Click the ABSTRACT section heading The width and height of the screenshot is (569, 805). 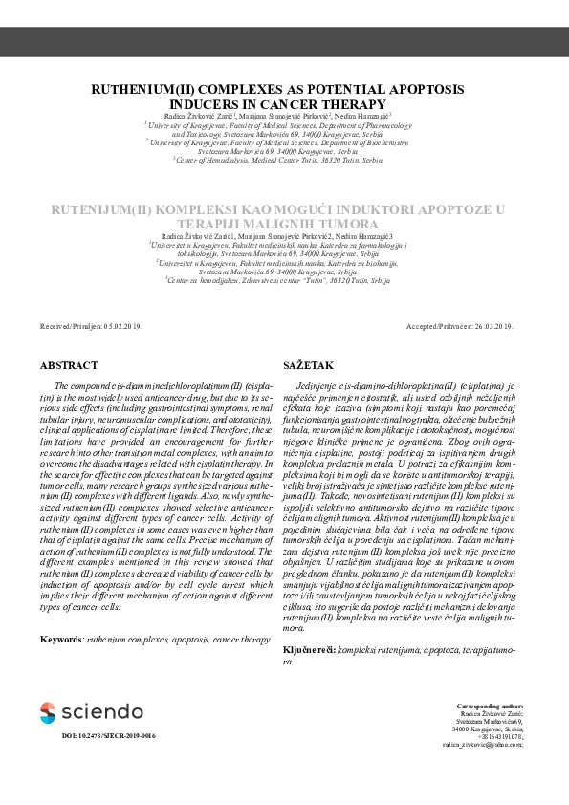(69, 365)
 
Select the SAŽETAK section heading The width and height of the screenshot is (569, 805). (308, 365)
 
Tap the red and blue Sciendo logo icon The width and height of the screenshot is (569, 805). (48, 712)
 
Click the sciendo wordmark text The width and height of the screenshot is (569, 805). (101, 712)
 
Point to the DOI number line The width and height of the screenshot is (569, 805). (108, 736)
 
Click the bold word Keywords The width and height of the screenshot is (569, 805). (61, 638)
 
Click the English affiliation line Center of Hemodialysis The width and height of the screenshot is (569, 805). (284, 160)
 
